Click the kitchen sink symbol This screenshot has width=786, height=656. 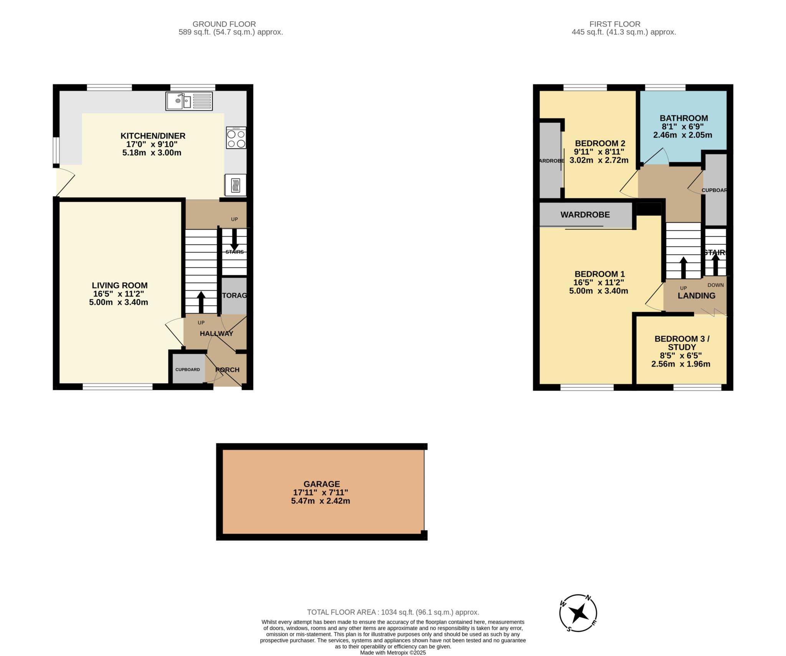[189, 101]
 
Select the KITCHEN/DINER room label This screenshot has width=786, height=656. [153, 136]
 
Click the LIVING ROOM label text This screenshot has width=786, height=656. [119, 285]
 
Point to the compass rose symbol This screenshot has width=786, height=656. [578, 613]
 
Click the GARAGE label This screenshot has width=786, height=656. [322, 484]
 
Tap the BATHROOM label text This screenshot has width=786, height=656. [684, 118]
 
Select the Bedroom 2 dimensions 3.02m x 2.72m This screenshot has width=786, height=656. [599, 160]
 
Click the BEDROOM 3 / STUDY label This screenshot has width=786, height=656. [682, 343]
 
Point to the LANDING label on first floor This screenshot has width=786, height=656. [696, 296]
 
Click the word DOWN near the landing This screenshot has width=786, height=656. [715, 285]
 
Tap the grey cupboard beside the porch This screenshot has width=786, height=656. [188, 369]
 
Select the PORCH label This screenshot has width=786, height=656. [227, 370]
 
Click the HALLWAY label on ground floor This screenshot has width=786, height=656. [216, 333]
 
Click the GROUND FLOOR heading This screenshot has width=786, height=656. [224, 24]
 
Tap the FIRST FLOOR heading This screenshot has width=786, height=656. [615, 24]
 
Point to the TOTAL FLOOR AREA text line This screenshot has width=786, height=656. [393, 612]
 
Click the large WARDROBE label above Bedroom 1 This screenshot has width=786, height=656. [585, 215]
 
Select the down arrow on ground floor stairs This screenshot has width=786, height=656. [234, 239]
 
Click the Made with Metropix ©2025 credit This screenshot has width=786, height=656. [393, 653]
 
